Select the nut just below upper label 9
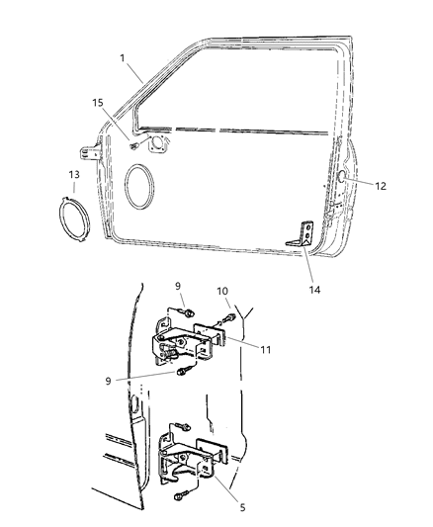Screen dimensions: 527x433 [185, 313]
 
